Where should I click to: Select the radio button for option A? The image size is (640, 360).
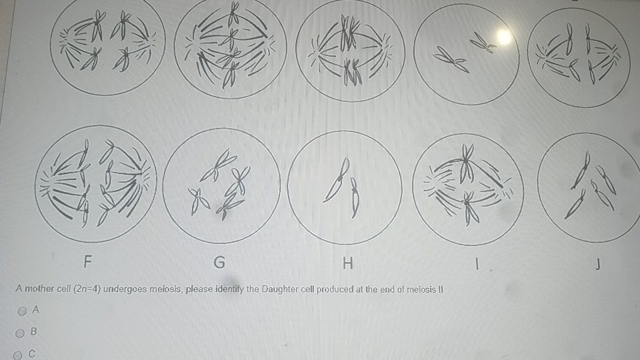click(23, 310)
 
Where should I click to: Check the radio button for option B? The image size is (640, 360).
click(23, 332)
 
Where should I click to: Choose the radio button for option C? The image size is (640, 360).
click(23, 354)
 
